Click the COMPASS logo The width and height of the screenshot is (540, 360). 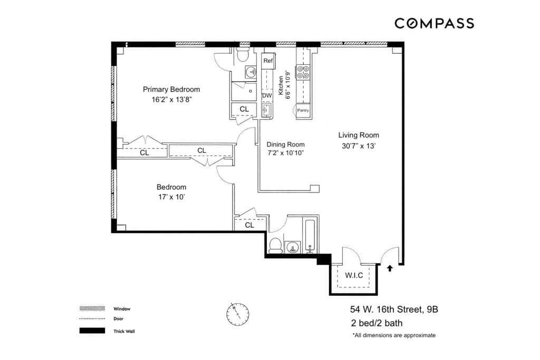click(434, 23)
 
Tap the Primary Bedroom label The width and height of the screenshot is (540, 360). click(171, 90)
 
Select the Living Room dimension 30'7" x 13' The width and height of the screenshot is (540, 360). click(359, 147)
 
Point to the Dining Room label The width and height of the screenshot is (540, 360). click(285, 144)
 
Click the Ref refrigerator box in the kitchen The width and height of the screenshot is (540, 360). click(268, 61)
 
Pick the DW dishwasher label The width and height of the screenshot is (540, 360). click(267, 95)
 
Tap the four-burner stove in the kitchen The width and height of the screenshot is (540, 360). click(303, 72)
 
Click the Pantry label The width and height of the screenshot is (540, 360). click(303, 111)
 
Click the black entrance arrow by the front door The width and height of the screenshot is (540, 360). click(390, 268)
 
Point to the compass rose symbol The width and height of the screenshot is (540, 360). click(237, 314)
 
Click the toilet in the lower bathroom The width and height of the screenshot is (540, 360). click(275, 245)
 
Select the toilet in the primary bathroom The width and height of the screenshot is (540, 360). click(243, 54)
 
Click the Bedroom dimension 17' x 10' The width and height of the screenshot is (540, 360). click(171, 198)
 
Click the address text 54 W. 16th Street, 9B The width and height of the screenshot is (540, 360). click(394, 310)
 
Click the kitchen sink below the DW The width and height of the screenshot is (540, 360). click(266, 110)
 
